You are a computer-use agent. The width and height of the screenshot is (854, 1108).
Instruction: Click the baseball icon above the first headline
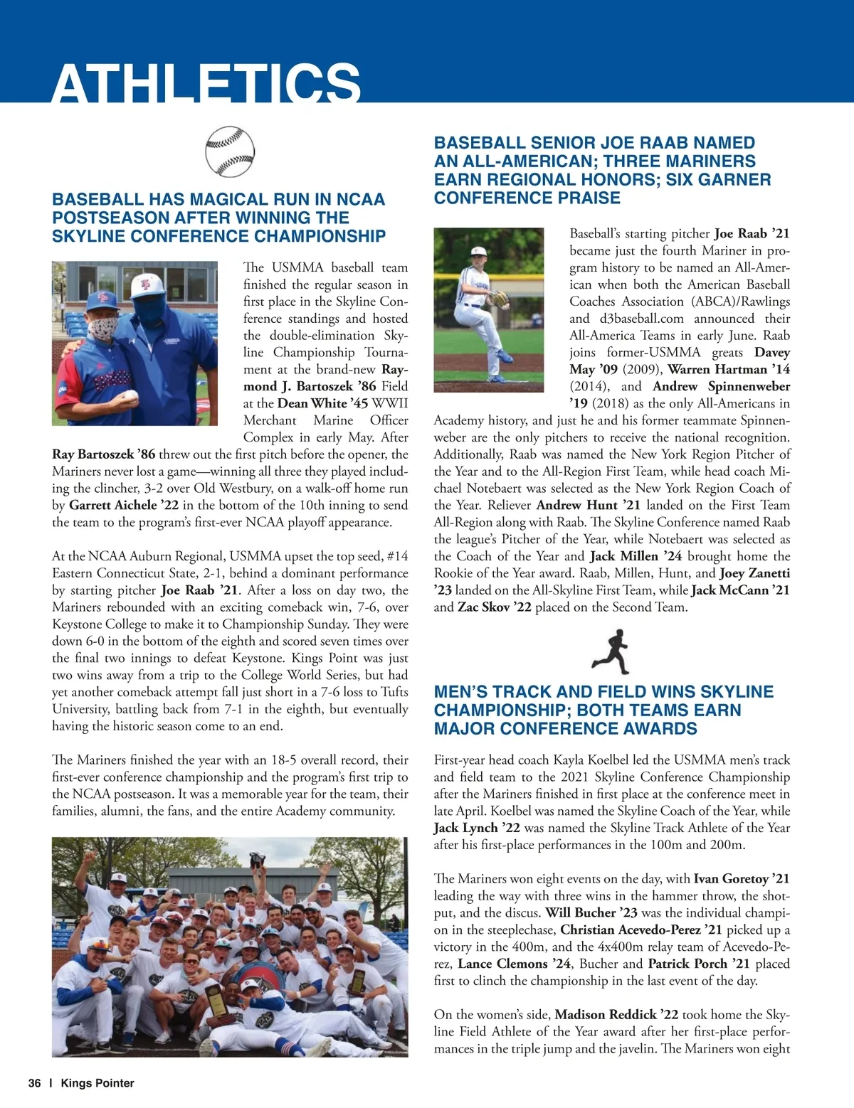tap(229, 152)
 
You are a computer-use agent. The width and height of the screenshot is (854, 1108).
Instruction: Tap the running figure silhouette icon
tap(611, 651)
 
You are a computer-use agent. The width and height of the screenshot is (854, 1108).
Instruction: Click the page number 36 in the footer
tap(34, 1083)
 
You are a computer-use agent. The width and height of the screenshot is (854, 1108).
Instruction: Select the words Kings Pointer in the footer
tap(97, 1083)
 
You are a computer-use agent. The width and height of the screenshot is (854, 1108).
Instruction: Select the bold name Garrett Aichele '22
tap(124, 505)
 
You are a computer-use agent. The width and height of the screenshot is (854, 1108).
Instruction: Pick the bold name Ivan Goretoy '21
tap(742, 879)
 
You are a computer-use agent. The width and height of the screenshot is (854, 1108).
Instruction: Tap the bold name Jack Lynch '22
tap(477, 828)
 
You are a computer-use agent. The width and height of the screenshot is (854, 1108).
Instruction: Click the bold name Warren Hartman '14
tap(729, 369)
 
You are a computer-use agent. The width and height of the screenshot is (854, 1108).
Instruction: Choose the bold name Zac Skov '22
tap(494, 607)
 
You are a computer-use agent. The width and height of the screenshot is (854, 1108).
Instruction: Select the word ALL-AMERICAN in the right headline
tap(528, 161)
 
